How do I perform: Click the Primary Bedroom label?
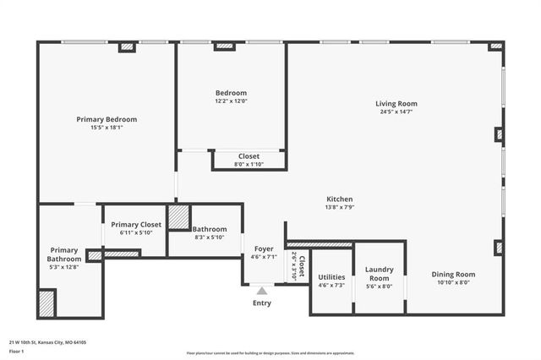107,119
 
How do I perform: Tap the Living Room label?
396,104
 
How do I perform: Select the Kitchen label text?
339,199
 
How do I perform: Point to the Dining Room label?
453,274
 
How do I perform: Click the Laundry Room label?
379,274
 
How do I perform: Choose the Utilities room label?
331,277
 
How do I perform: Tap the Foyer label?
264,248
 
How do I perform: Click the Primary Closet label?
134,224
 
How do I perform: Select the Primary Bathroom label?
64,254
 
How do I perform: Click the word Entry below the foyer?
262,303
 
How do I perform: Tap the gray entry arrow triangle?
262,291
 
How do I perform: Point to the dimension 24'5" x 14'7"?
396,112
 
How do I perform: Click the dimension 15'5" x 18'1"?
107,128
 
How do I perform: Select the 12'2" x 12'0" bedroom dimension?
231,101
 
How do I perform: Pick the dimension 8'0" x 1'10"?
249,164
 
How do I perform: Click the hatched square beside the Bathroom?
178,216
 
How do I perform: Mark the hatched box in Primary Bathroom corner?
46,303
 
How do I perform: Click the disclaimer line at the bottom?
271,352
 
